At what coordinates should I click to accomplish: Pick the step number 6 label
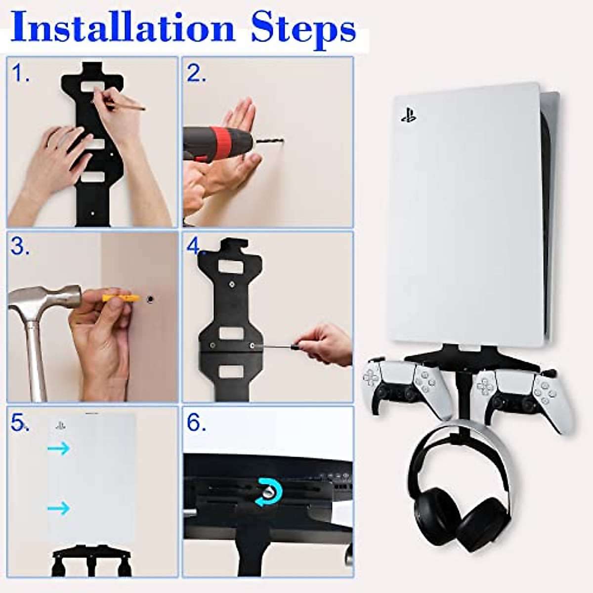click(x=196, y=424)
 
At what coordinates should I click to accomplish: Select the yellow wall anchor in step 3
click(x=121, y=298)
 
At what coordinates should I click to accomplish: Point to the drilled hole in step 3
click(x=150, y=299)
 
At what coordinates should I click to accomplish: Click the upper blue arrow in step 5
click(x=58, y=448)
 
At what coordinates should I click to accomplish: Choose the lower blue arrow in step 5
click(x=58, y=508)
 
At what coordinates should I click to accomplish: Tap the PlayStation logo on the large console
click(x=408, y=117)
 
